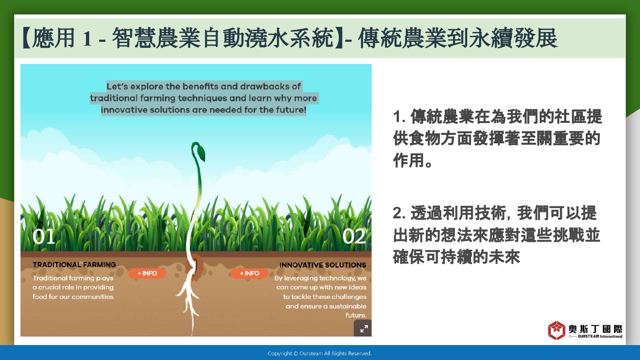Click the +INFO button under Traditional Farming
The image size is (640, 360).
click(x=147, y=273)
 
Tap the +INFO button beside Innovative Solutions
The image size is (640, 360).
click(x=250, y=273)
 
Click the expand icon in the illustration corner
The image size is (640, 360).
click(x=363, y=328)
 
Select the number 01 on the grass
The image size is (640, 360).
click(x=44, y=237)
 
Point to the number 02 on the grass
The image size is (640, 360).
click(x=354, y=237)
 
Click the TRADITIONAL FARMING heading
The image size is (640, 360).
click(x=74, y=264)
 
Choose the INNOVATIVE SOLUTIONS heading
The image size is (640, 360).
click(x=323, y=265)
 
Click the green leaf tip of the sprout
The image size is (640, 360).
click(x=201, y=153)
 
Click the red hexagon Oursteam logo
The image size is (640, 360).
click(x=556, y=330)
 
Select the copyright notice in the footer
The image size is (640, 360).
click(x=320, y=354)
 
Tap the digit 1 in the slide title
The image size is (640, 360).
click(x=87, y=38)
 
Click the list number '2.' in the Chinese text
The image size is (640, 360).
click(x=399, y=213)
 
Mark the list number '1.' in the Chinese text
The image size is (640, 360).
click(x=399, y=116)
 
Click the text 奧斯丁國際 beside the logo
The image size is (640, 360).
click(x=596, y=329)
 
